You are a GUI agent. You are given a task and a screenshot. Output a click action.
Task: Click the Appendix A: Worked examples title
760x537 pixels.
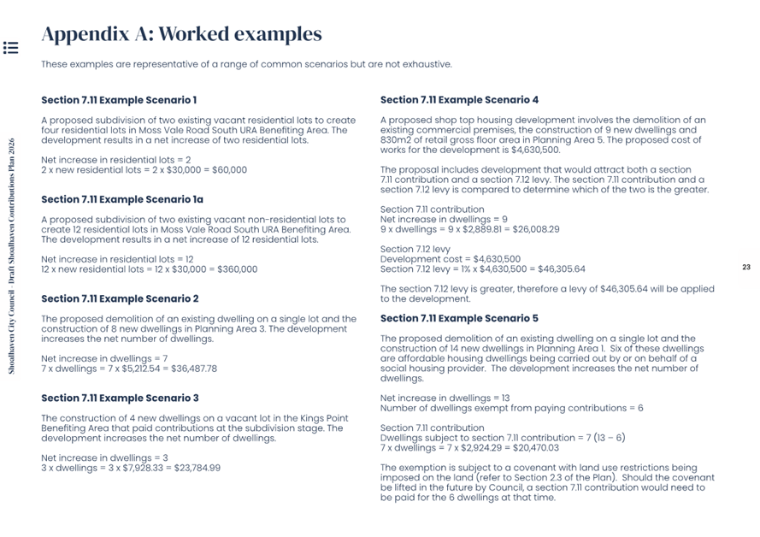tap(181, 34)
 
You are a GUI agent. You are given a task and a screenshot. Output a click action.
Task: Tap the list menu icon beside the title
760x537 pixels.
tap(10, 47)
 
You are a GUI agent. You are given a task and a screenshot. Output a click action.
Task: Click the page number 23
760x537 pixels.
tap(745, 268)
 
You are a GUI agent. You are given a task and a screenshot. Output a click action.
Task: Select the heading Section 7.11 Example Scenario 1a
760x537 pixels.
tap(122, 199)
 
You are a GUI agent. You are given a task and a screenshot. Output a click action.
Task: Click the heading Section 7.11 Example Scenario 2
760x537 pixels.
tap(120, 298)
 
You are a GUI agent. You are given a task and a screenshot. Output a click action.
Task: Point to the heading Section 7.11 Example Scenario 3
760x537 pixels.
tap(120, 398)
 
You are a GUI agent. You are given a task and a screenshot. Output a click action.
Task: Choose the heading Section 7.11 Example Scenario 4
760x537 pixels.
tap(459, 100)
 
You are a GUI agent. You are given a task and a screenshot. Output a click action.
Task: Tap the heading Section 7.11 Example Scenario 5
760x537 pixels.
tap(459, 318)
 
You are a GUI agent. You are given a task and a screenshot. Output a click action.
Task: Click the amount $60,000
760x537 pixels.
tap(229, 170)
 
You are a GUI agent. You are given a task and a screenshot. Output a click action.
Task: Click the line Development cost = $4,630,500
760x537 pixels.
tap(450, 259)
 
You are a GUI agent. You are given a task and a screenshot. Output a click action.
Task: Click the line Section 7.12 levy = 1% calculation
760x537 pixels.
tap(482, 269)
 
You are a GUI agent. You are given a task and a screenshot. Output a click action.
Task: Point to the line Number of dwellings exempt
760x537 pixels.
tap(511, 408)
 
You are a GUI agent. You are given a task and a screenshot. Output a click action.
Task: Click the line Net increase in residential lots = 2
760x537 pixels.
tap(115, 160)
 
